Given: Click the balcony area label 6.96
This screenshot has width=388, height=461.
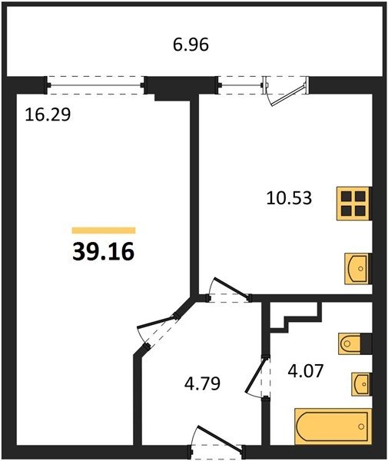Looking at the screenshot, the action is pos(191,45).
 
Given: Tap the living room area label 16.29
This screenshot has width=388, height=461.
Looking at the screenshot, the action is pos(48,114).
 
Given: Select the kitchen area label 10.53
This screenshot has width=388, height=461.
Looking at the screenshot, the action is pos(289,198).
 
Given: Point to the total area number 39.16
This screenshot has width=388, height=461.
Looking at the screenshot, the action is pos(103,252).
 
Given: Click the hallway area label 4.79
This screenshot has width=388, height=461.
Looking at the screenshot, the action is pos(202,383).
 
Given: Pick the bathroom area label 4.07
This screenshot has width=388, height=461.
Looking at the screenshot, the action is pos(306,370).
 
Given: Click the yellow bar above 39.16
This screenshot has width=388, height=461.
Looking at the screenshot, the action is pos(104,230).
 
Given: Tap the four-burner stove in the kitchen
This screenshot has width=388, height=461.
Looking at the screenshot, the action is pos(353,204).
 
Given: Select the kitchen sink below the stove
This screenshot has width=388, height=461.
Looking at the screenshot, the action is pos(357,268).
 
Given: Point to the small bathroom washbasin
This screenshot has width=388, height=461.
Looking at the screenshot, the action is pos(361,384).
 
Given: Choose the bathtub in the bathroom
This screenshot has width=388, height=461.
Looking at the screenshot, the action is pos(333,426).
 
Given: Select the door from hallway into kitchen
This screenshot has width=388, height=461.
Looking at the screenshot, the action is pos(229,290).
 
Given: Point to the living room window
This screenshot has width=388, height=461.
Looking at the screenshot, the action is pos(96,85).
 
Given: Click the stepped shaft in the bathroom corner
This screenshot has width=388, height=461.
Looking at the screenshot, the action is pos(295,315).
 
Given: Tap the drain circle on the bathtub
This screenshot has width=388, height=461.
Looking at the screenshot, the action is pos(361,426).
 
